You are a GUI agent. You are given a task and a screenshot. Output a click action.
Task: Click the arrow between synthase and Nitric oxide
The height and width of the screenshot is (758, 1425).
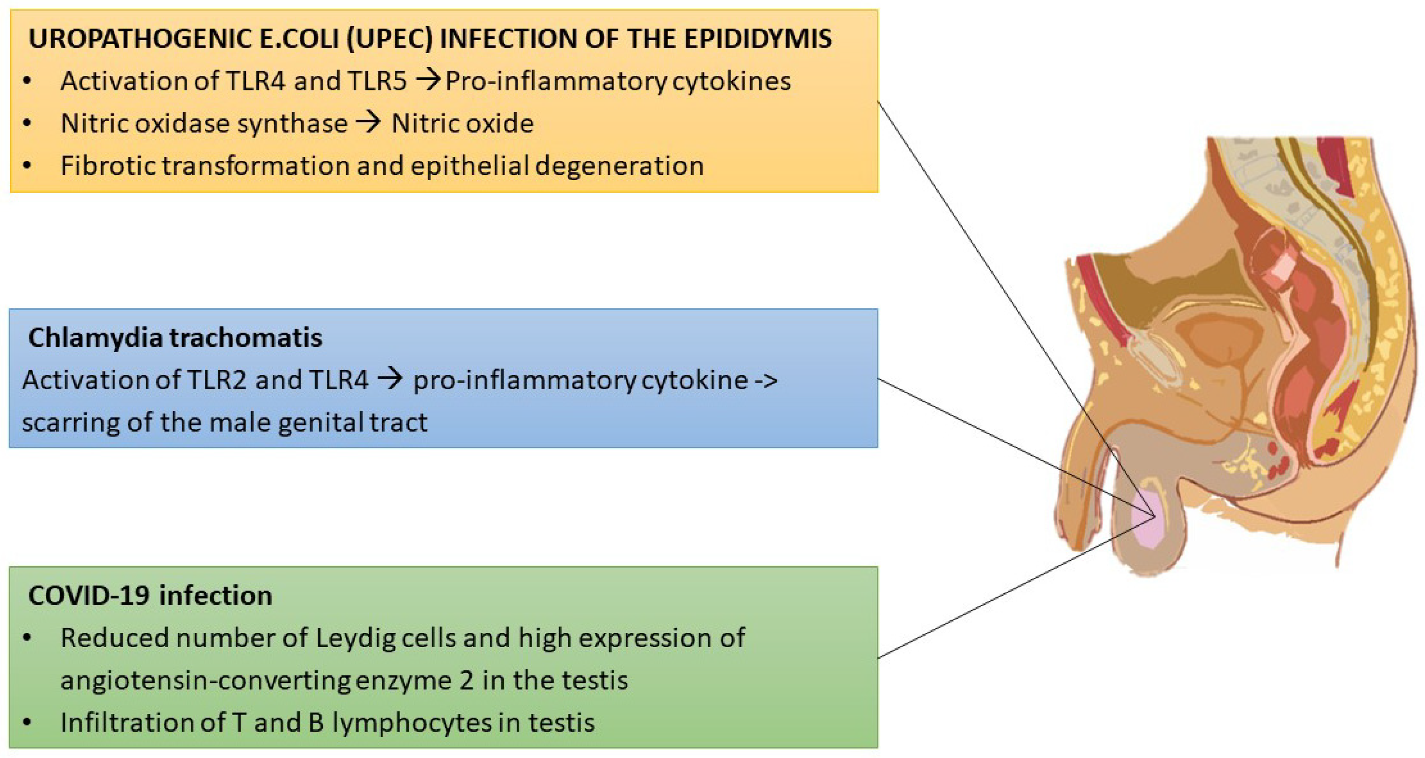click(x=368, y=122)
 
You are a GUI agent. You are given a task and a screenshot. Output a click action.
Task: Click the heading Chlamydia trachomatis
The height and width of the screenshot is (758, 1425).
click(x=175, y=338)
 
